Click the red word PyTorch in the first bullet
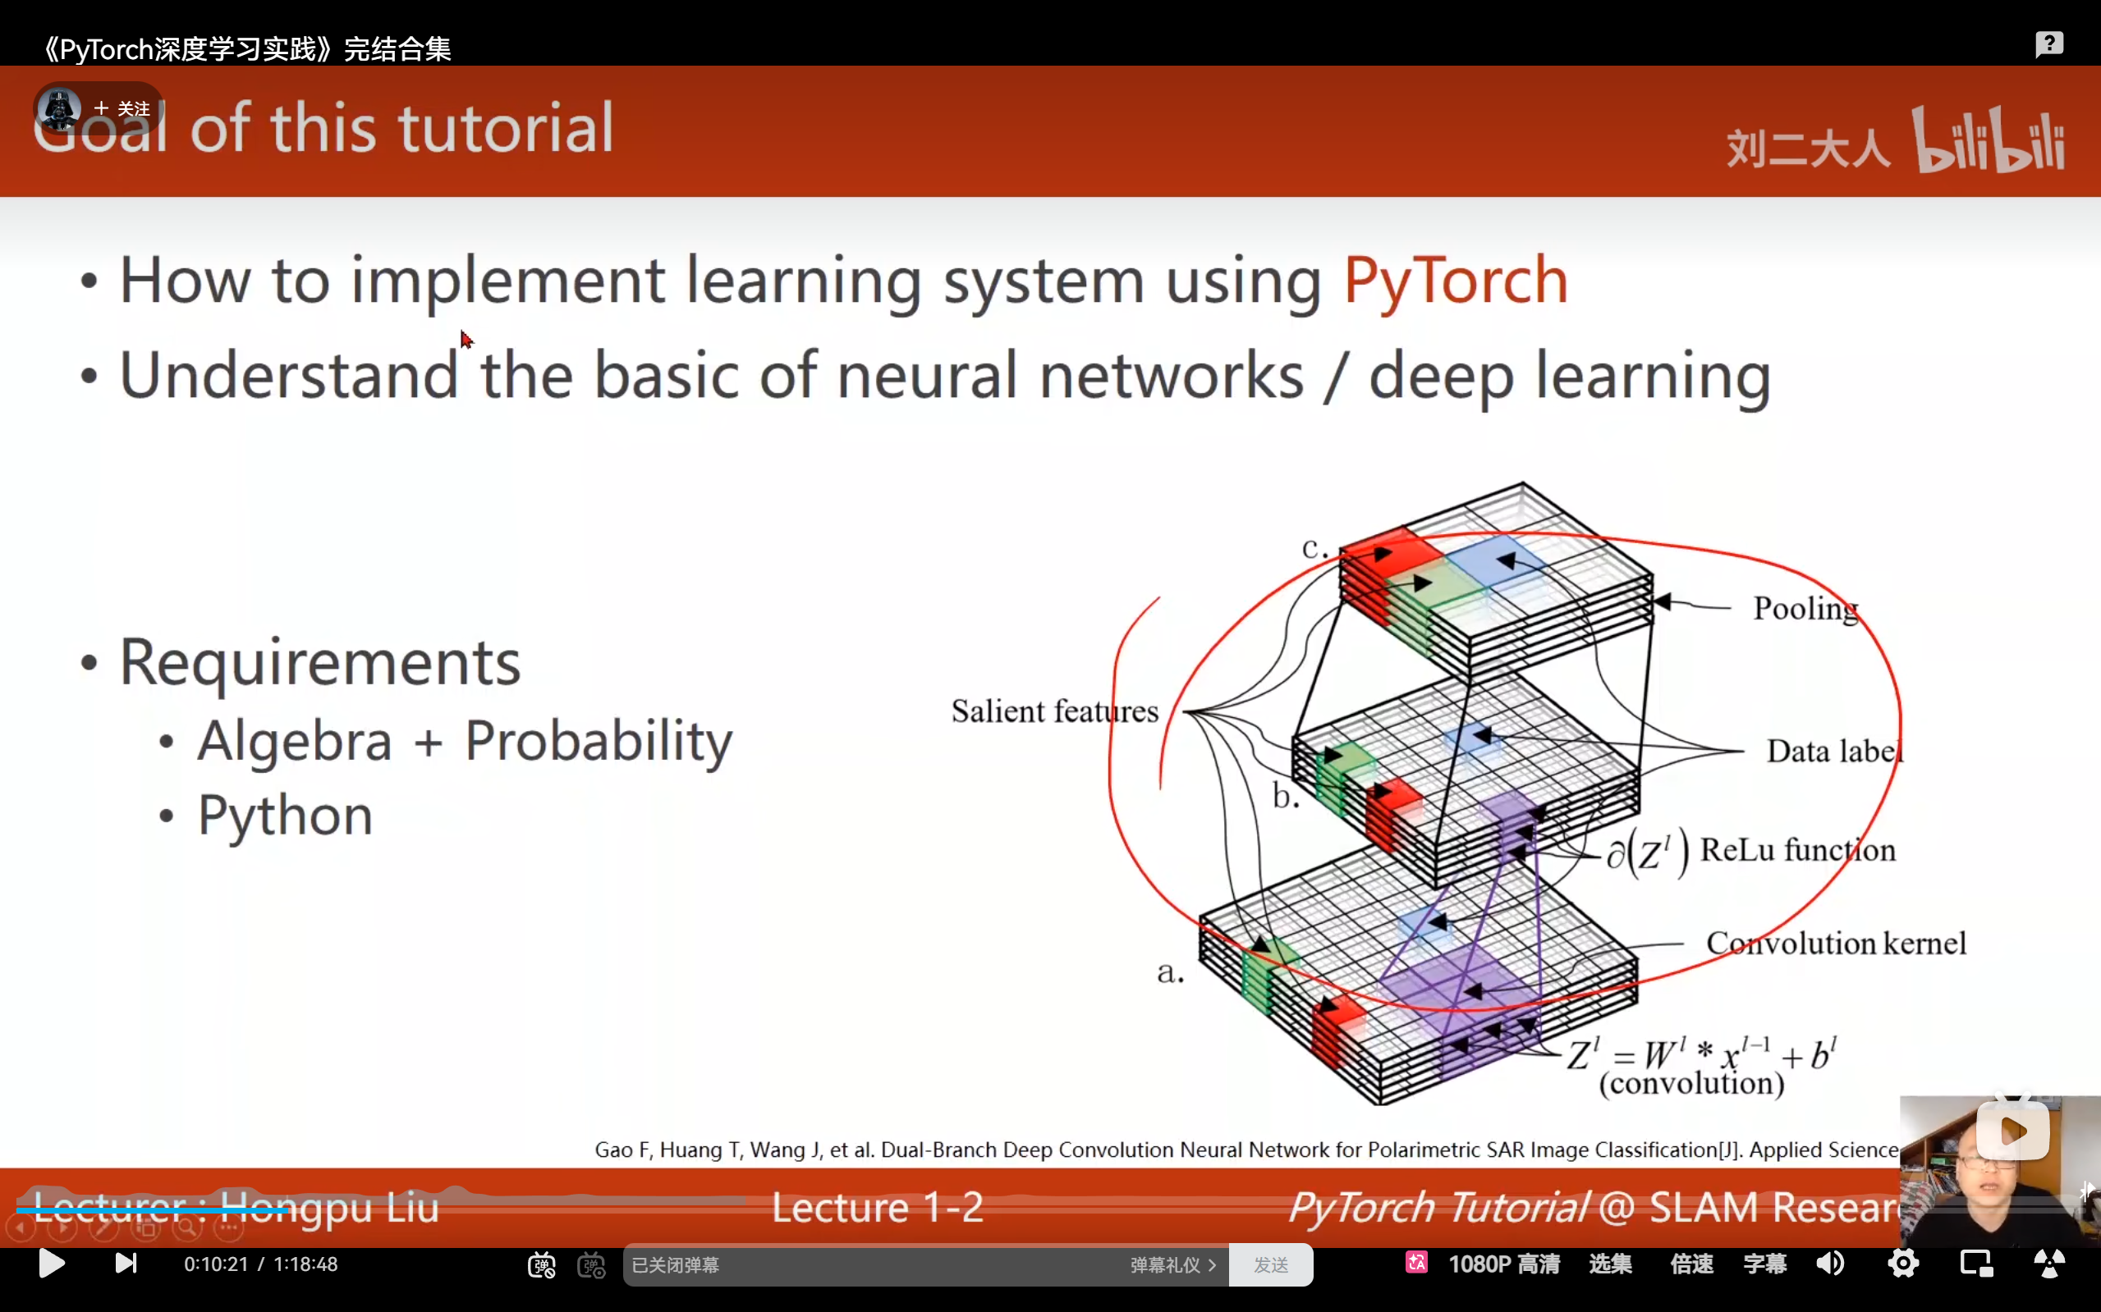pos(1455,281)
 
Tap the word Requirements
pos(319,663)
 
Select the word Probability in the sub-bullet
pos(599,742)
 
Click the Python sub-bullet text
pos(285,816)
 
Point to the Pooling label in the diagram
pos(1805,609)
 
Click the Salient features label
pos(1054,711)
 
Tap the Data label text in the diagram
pos(1833,752)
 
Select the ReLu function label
pos(1797,850)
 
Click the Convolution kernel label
pos(1835,944)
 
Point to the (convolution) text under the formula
pos(1691,1084)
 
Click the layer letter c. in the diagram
pos(1314,548)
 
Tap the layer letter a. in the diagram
pos(1170,973)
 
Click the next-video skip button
pos(126,1264)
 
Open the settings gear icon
pos(1903,1264)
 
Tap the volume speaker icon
pos(1830,1264)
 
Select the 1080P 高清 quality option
pos(1503,1264)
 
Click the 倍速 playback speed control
pos(1691,1264)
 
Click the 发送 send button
pos(1270,1265)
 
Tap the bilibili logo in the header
pos(1989,140)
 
